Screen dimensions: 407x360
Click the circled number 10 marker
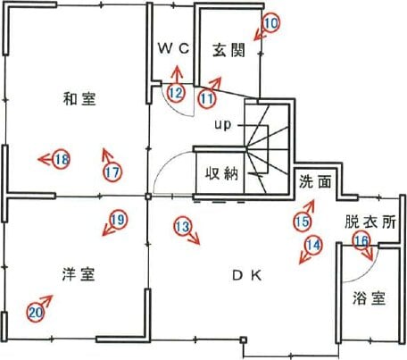tap(271, 23)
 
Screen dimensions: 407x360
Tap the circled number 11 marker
tap(207, 98)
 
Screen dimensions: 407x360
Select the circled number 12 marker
tap(176, 93)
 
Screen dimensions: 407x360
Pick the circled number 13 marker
tap(182, 227)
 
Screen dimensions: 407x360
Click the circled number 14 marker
tap(313, 245)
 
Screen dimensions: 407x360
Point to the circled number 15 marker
tap(302, 222)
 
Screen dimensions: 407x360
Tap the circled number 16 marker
tap(361, 240)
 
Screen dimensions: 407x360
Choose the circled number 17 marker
tap(112, 172)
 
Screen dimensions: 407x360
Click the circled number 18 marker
tap(62, 159)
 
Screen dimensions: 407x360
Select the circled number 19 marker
tap(118, 220)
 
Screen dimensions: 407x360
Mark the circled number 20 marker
tap(36, 313)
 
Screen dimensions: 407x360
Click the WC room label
tap(174, 48)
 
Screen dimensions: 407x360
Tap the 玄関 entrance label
tap(229, 50)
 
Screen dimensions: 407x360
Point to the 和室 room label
tap(79, 98)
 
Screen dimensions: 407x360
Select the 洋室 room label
tap(79, 274)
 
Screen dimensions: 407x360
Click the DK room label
tap(247, 275)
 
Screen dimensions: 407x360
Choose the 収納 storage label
tap(222, 173)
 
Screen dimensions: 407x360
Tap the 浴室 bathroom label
tap(370, 298)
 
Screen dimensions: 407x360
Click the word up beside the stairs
tap(223, 125)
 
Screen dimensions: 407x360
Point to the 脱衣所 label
tap(370, 222)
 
